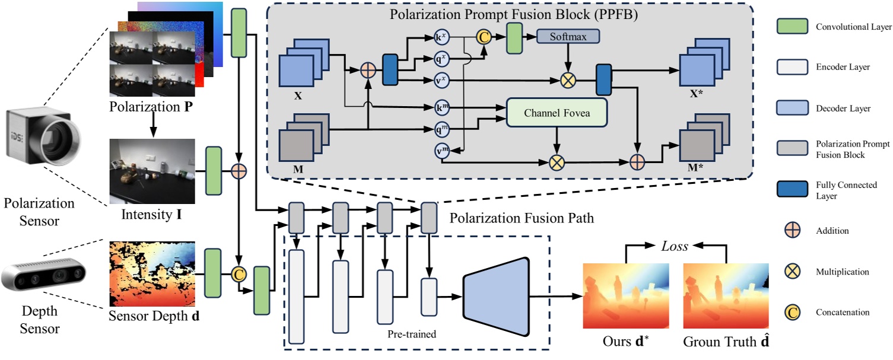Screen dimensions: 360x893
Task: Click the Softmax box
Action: [x=568, y=37]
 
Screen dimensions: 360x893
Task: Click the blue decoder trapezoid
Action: [x=495, y=297]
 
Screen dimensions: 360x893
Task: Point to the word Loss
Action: [x=676, y=246]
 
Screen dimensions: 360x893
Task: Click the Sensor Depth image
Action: [x=152, y=273]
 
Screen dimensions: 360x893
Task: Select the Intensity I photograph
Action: [x=152, y=171]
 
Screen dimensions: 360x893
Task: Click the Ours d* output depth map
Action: [x=626, y=296]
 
